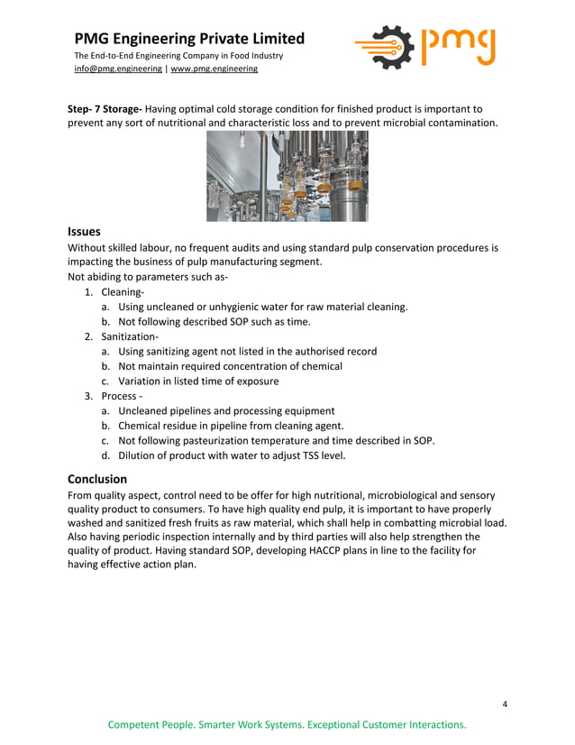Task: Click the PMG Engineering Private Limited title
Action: coord(189,39)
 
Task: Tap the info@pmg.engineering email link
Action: coord(118,69)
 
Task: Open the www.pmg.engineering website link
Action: coord(214,69)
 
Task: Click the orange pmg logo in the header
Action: coord(424,48)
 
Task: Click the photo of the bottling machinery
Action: coord(287,176)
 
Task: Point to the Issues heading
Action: coord(85,231)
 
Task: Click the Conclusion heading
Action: coord(97,479)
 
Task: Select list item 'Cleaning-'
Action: coord(123,292)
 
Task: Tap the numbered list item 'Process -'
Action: coord(122,396)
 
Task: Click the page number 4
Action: coord(505,704)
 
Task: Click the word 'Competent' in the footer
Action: coord(136,725)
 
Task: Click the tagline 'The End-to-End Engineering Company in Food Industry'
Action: coord(178,56)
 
